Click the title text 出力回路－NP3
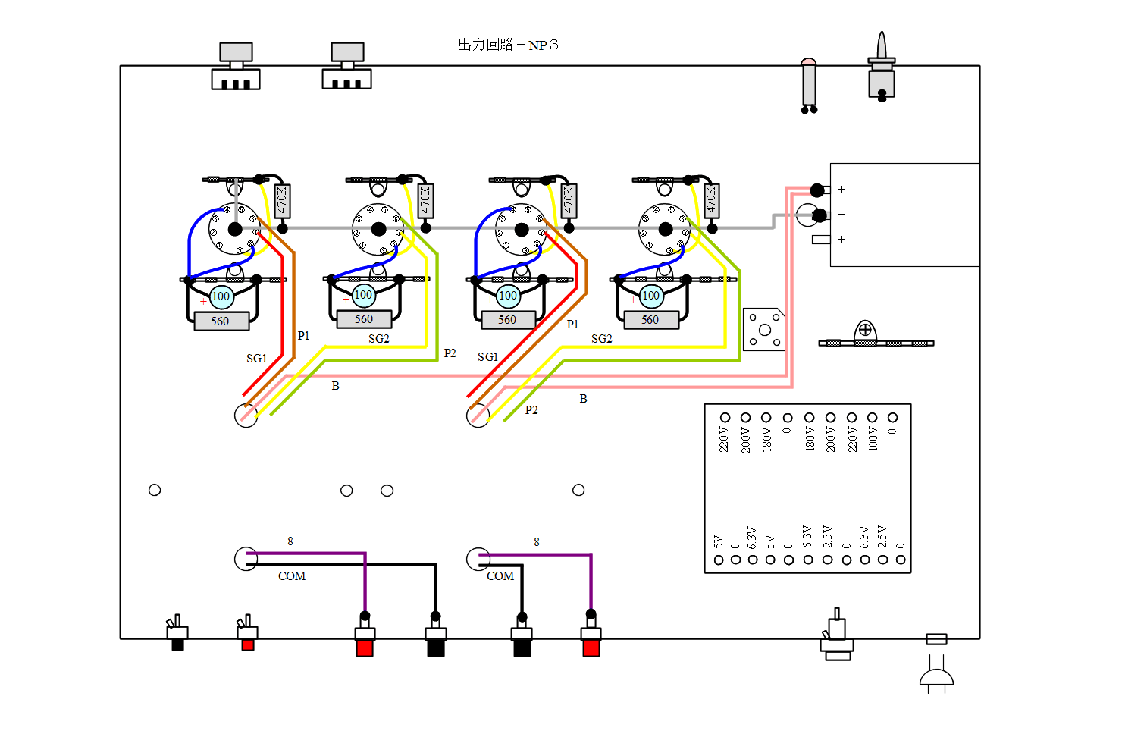(x=508, y=45)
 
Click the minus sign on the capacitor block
(x=841, y=215)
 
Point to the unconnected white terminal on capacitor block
(x=821, y=240)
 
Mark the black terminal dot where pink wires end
(x=817, y=190)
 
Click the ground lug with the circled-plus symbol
(x=865, y=331)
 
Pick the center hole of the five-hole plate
(x=765, y=330)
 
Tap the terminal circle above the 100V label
(x=873, y=418)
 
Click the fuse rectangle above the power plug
(x=936, y=639)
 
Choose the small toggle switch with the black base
(x=177, y=634)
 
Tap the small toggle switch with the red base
(x=247, y=634)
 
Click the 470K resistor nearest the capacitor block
(x=711, y=200)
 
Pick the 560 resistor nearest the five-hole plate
(x=650, y=320)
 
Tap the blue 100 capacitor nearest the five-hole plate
(x=651, y=296)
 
